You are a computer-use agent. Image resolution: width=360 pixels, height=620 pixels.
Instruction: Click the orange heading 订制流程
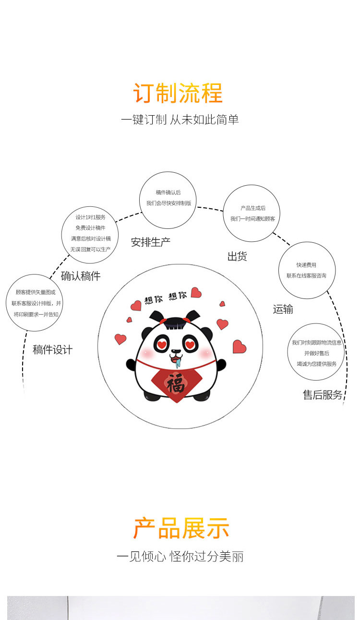pyautogui.click(x=178, y=93)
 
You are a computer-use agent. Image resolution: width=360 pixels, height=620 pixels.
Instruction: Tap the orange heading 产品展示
pyautogui.click(x=181, y=528)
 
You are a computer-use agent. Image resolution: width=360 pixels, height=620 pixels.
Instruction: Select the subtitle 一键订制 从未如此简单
pyautogui.click(x=180, y=119)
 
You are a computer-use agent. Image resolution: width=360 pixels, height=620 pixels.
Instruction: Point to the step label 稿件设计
pyautogui.click(x=52, y=350)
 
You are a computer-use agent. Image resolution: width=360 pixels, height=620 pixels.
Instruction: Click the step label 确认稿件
pyautogui.click(x=81, y=276)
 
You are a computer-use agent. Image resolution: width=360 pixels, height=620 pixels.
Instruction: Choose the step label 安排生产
pyautogui.click(x=151, y=242)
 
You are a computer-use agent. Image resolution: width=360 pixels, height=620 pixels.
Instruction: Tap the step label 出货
pyautogui.click(x=237, y=257)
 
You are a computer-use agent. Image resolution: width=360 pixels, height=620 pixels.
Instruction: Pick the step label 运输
pyautogui.click(x=283, y=309)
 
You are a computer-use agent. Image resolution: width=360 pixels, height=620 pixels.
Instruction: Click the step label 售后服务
pyautogui.click(x=323, y=394)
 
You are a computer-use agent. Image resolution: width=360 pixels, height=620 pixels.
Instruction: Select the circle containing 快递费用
pyautogui.click(x=307, y=270)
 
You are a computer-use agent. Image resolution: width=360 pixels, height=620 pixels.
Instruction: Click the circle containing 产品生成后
pyautogui.click(x=252, y=213)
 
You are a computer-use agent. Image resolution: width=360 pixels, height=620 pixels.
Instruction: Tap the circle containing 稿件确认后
pyautogui.click(x=168, y=200)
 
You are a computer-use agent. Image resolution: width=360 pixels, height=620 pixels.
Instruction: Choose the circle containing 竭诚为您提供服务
pyautogui.click(x=316, y=352)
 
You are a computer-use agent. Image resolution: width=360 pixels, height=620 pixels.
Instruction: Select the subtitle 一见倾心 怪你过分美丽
pyautogui.click(x=180, y=557)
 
